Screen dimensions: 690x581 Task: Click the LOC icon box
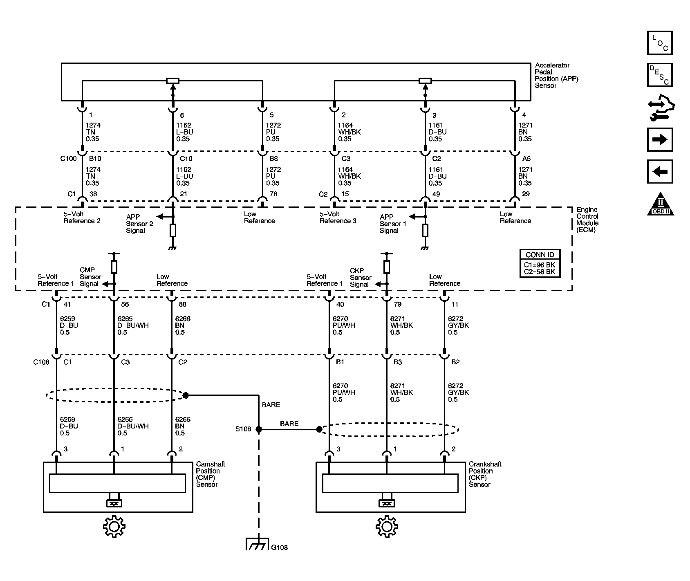click(660, 43)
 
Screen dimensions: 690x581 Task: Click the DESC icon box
click(660, 75)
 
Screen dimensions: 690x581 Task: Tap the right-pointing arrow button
click(660, 140)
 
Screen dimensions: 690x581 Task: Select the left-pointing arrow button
click(660, 171)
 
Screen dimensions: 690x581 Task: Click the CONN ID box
click(540, 264)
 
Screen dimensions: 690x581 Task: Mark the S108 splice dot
click(258, 429)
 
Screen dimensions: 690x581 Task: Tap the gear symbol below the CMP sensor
click(114, 527)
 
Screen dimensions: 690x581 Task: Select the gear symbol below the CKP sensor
click(387, 527)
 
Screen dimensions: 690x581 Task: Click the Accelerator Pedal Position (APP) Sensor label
click(557, 75)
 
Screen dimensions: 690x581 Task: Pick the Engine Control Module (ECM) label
click(587, 220)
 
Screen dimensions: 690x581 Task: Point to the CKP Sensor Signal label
click(361, 278)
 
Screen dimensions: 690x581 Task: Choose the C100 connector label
click(68, 159)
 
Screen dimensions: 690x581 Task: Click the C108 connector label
click(41, 362)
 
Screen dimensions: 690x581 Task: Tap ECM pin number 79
click(397, 304)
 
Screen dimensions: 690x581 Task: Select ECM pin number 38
click(93, 194)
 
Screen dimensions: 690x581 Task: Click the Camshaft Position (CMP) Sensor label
click(211, 474)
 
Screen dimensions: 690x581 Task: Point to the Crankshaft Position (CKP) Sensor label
click(485, 474)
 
